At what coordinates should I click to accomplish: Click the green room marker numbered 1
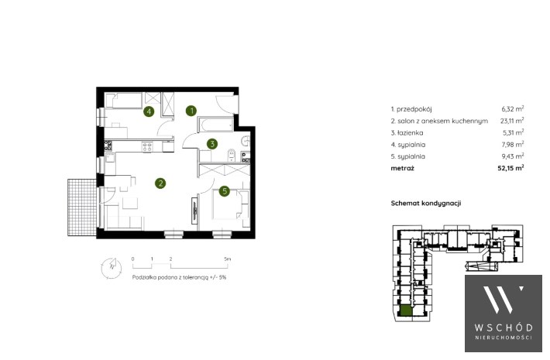point(191,111)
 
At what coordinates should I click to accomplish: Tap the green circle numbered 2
point(160,183)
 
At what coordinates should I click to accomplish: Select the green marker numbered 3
point(211,144)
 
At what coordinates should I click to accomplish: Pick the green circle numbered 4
point(149,111)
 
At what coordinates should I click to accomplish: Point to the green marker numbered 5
point(225,191)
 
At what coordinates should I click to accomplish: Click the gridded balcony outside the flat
point(82,207)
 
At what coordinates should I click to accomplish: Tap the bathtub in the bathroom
point(215,125)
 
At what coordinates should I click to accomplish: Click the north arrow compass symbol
point(112,268)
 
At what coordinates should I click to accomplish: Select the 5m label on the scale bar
point(228,259)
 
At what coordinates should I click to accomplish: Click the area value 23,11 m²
point(512,121)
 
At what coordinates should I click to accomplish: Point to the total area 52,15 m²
point(510,168)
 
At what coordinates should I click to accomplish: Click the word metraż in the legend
point(402,168)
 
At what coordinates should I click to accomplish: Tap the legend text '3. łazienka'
point(407,133)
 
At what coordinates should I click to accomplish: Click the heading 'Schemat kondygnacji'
point(426,204)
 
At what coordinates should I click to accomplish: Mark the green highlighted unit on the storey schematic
point(407,311)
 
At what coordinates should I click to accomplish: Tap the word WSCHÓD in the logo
point(504,327)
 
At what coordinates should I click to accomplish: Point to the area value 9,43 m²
point(513,156)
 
